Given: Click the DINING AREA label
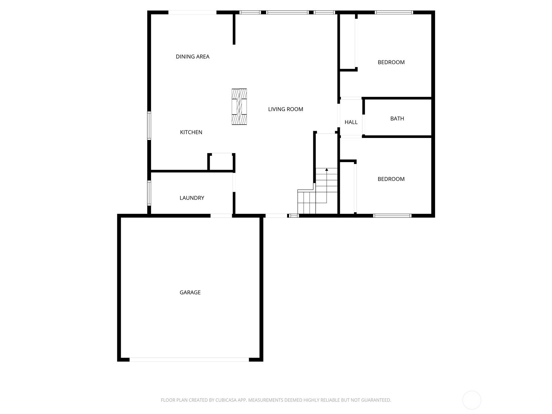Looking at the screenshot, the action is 193,57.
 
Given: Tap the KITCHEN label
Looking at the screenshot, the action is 191,132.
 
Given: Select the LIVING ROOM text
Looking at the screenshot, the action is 285,109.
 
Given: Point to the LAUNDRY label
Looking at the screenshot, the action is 191,198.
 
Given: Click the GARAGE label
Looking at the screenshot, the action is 190,292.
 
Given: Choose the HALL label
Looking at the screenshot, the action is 351,122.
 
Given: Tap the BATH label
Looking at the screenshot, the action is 397,118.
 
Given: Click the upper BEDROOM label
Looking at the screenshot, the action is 391,62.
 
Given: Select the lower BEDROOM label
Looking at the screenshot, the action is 391,179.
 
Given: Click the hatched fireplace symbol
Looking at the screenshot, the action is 239,107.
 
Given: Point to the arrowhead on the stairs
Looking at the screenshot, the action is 326,170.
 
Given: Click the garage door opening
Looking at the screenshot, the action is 189,359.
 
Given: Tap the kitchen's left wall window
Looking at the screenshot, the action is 149,126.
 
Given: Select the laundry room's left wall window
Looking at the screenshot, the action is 149,193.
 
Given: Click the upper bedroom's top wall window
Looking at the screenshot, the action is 394,12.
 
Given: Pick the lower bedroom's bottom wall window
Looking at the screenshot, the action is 392,216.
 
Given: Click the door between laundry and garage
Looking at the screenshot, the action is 221,216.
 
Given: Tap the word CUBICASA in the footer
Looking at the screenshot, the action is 226,400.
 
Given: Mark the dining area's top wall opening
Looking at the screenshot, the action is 192,12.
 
